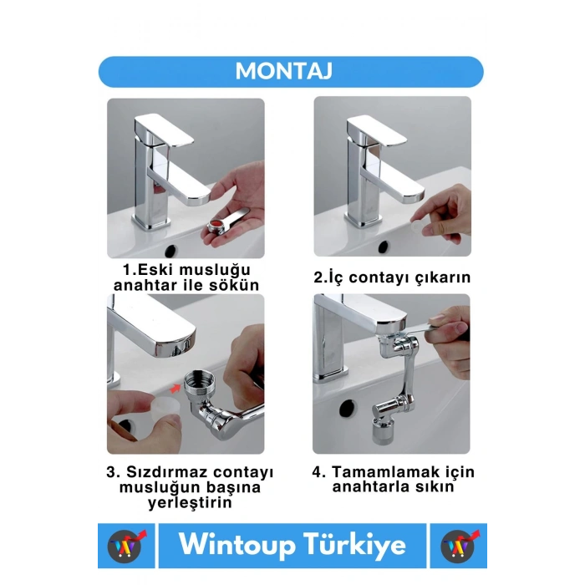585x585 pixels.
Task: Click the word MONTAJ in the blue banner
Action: point(283,71)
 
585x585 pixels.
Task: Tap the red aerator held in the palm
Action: point(216,225)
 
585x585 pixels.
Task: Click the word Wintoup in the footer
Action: point(237,545)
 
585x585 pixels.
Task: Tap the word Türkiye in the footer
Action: point(354,544)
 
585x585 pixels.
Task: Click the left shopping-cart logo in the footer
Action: point(125,546)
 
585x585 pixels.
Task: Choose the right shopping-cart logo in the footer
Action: point(459,546)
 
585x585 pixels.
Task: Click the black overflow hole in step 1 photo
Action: point(170,251)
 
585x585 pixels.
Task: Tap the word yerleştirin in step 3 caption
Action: point(190,502)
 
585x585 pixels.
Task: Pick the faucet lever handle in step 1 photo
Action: point(164,130)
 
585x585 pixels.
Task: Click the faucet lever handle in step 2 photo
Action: point(377,130)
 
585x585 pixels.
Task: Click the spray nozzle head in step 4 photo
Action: point(384,432)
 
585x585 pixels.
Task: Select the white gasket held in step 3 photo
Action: point(165,407)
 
